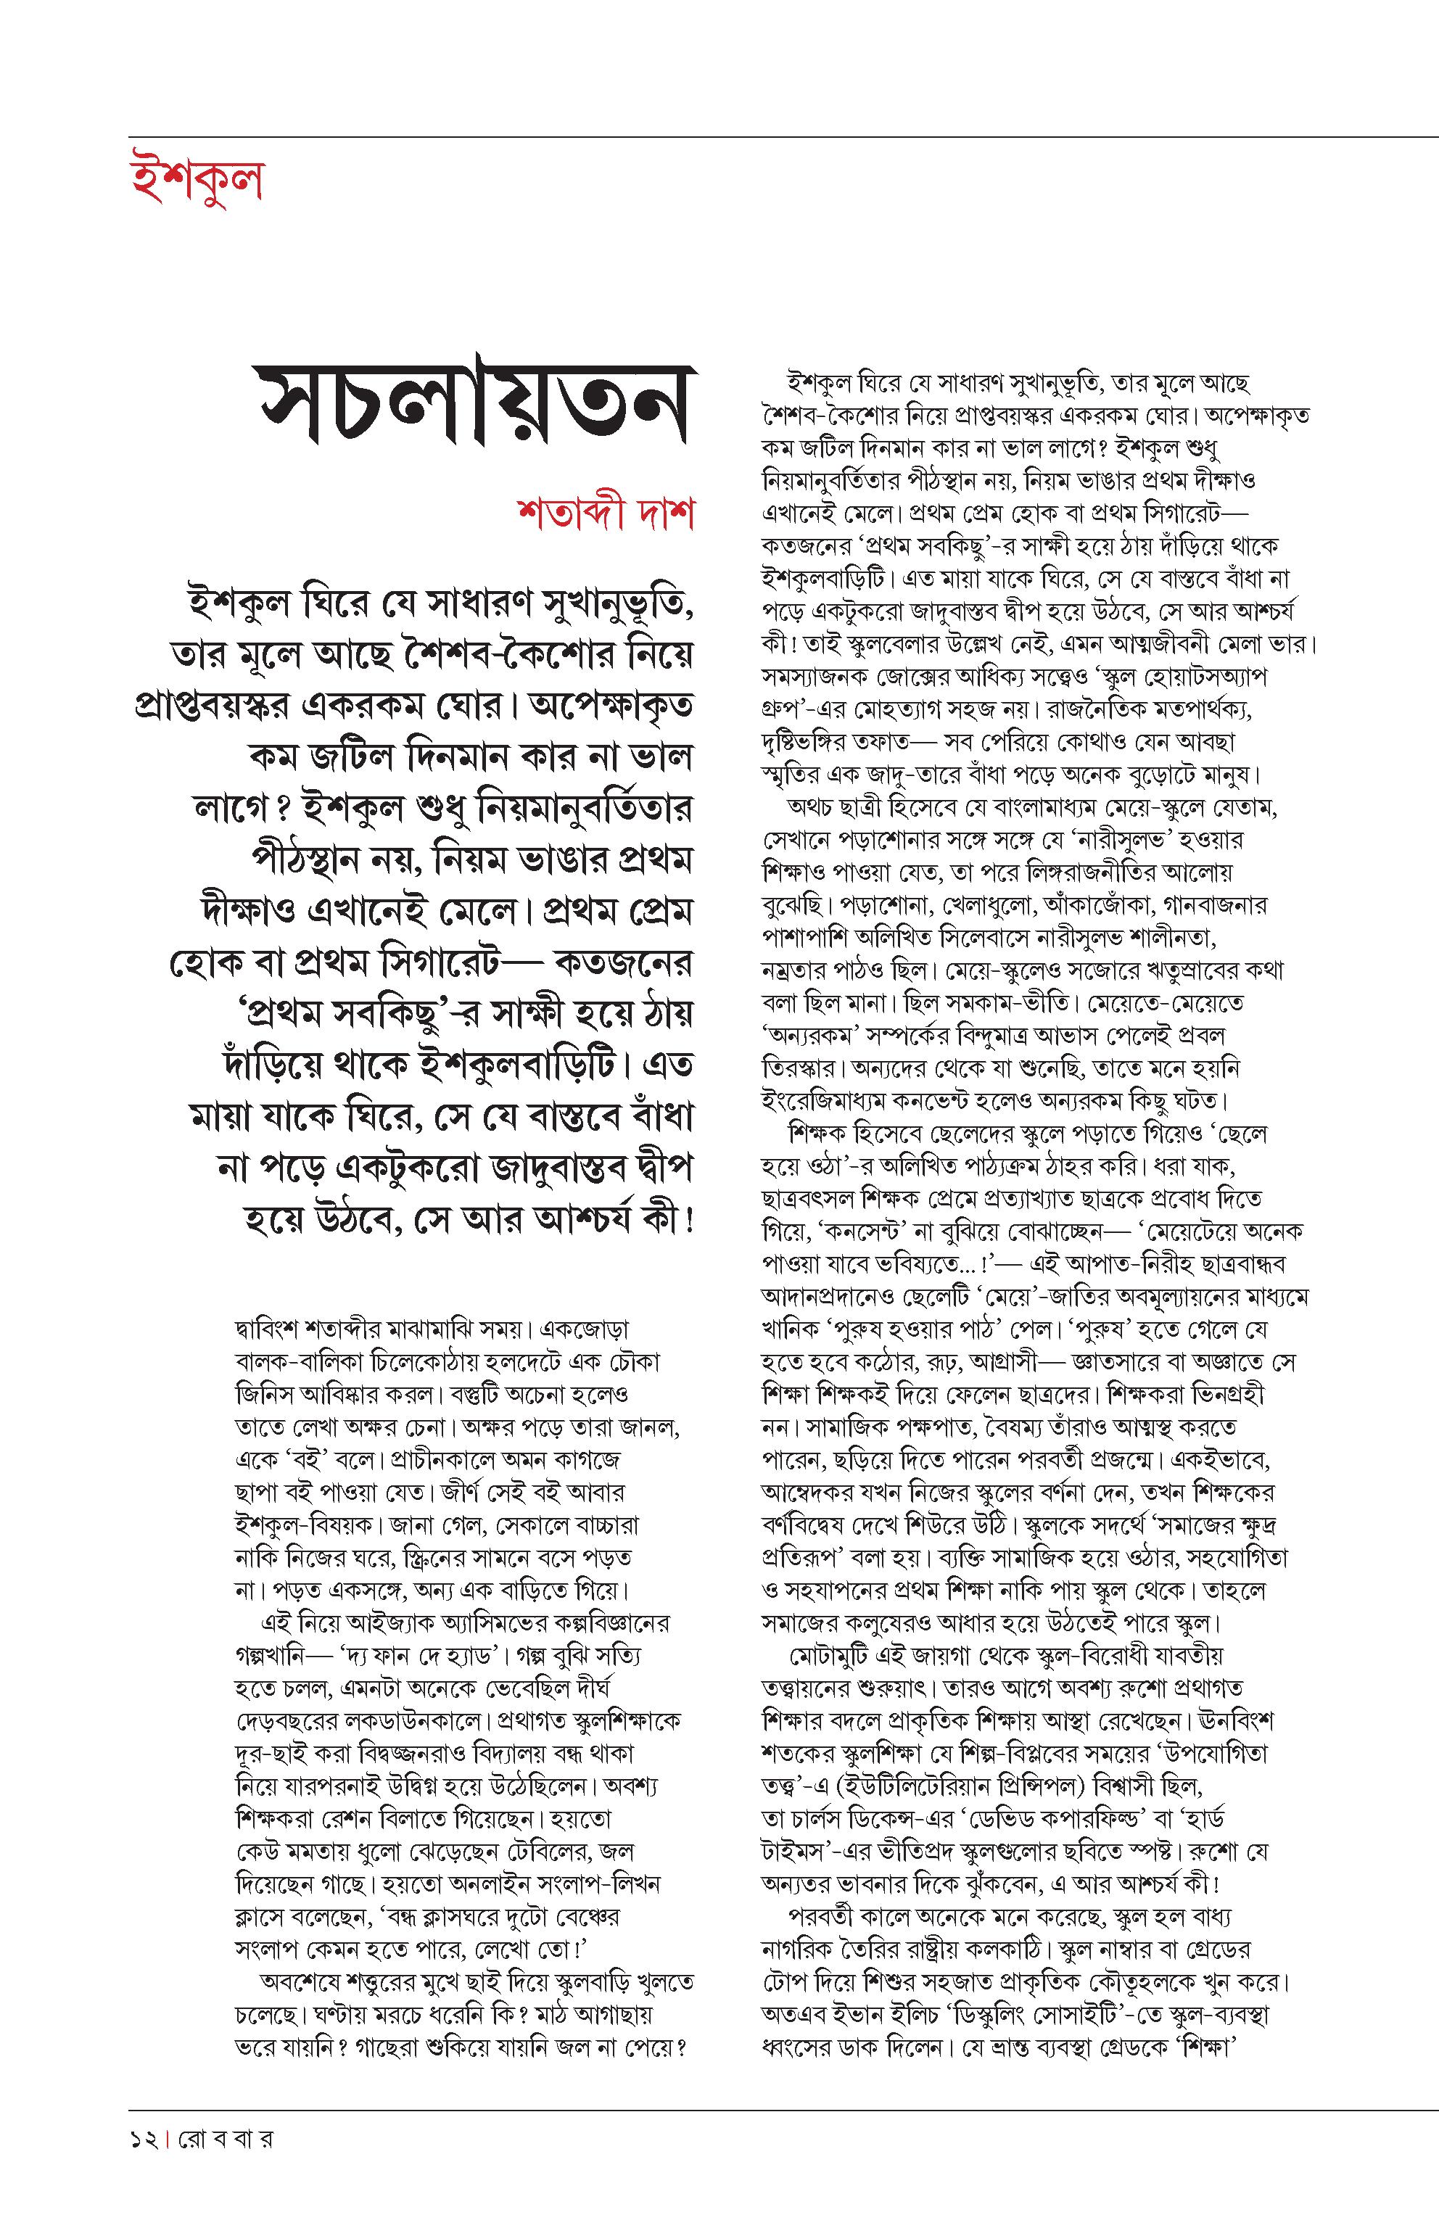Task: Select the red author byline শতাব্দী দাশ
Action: pyautogui.click(x=606, y=514)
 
